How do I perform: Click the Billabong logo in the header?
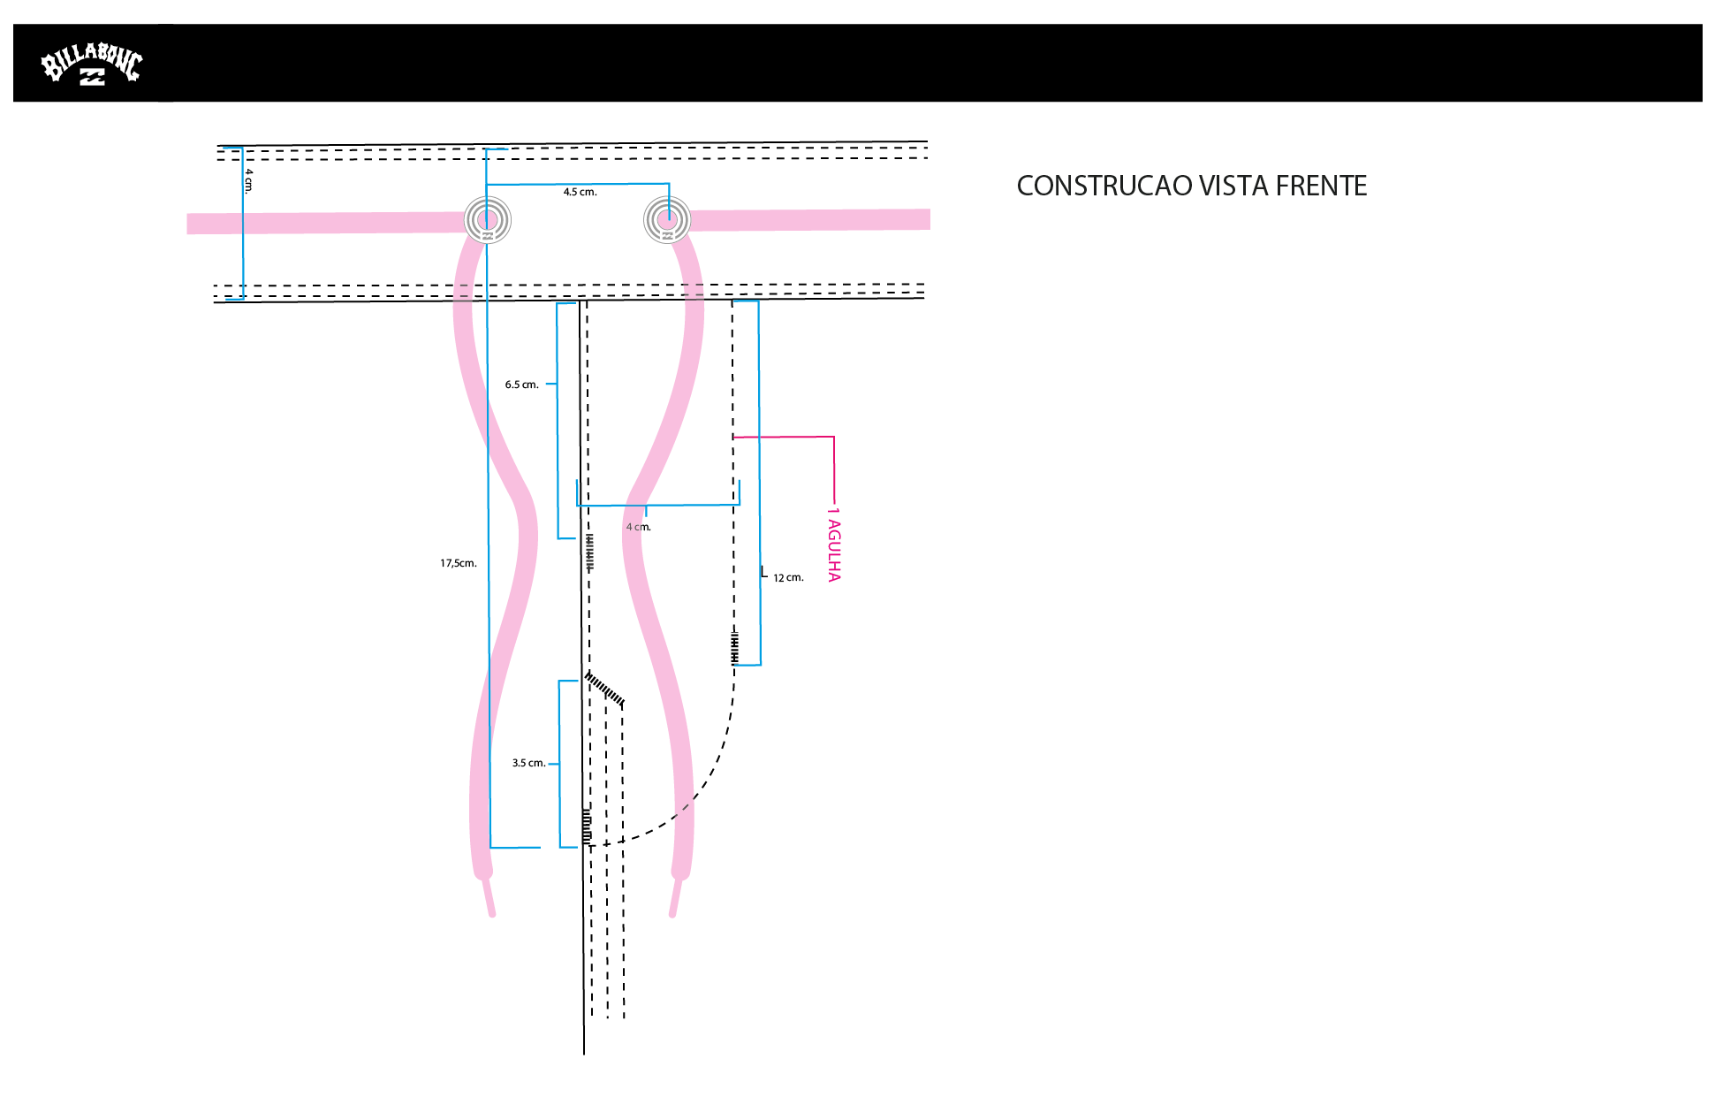(92, 64)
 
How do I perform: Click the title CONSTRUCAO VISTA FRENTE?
(1192, 186)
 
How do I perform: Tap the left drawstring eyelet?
(488, 220)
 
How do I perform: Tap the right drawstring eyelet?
(667, 219)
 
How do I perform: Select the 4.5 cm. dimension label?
(581, 192)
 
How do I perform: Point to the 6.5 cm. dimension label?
(521, 385)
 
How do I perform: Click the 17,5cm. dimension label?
(459, 563)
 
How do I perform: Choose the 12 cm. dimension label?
(788, 578)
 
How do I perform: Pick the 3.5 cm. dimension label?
(528, 763)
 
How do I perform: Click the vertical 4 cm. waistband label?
(249, 180)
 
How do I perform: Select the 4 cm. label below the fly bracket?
(638, 527)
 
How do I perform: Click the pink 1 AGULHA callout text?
(834, 545)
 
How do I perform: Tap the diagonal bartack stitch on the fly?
(605, 689)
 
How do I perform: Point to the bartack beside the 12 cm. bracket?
(734, 646)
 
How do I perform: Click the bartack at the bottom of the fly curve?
(587, 826)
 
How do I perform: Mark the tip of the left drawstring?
(492, 914)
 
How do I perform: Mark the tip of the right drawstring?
(672, 914)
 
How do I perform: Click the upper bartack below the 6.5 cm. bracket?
(589, 552)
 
